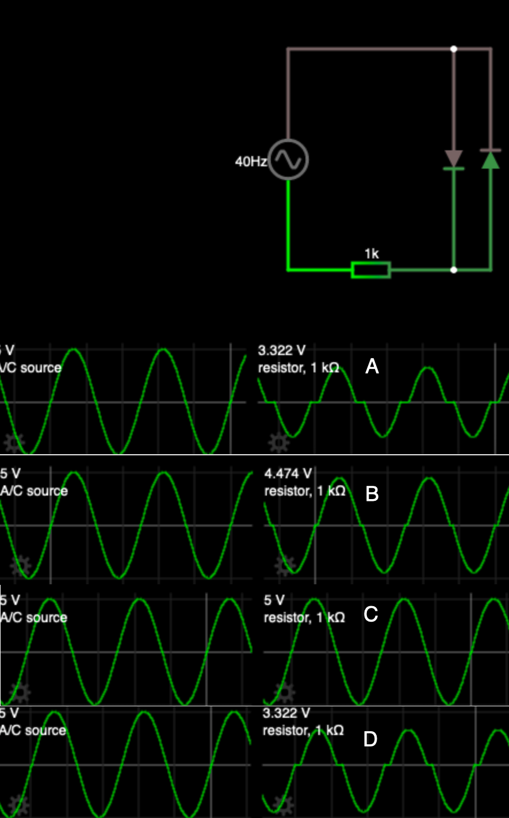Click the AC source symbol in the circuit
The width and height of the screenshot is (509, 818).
pyautogui.click(x=288, y=159)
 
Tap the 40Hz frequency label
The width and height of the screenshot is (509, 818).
pyautogui.click(x=251, y=162)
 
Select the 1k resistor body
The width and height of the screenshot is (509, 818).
pyautogui.click(x=371, y=269)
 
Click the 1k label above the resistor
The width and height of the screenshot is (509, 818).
pyautogui.click(x=371, y=253)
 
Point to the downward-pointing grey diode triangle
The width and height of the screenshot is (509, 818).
pyautogui.click(x=454, y=158)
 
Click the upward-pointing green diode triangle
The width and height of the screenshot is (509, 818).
pyautogui.click(x=490, y=160)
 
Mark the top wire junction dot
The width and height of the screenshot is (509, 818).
pyautogui.click(x=454, y=49)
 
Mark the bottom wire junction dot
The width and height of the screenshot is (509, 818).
pyautogui.click(x=454, y=269)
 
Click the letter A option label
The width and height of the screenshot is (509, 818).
pyautogui.click(x=372, y=366)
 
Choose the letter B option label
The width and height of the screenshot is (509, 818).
pyautogui.click(x=372, y=494)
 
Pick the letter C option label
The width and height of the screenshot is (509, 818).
pyautogui.click(x=371, y=615)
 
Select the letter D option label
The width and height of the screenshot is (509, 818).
pyautogui.click(x=370, y=739)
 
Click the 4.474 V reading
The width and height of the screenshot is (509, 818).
pyautogui.click(x=288, y=474)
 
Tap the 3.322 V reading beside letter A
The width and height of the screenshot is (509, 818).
pyautogui.click(x=282, y=351)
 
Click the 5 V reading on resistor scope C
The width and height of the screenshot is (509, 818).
pyautogui.click(x=274, y=601)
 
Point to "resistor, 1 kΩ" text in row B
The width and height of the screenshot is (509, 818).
pyautogui.click(x=304, y=491)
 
